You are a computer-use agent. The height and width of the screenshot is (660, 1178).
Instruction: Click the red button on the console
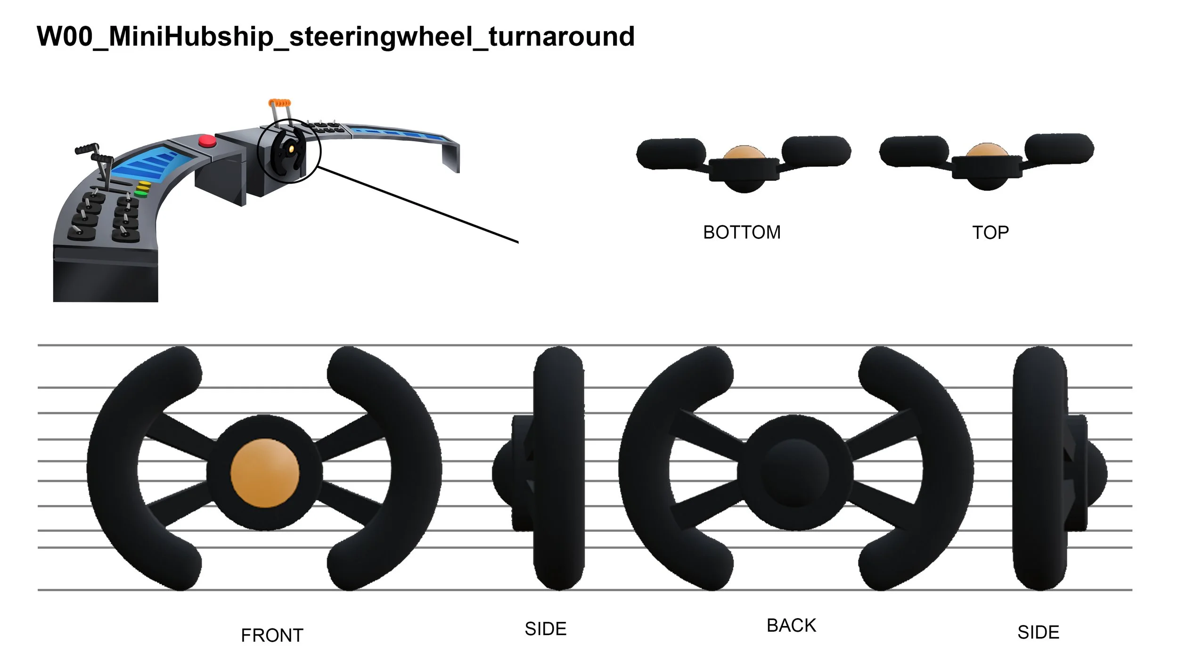[207, 141]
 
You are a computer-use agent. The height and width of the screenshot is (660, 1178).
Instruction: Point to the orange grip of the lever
[280, 103]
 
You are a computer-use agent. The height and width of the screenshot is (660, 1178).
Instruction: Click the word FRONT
[272, 636]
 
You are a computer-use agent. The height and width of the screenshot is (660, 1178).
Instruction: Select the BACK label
[791, 626]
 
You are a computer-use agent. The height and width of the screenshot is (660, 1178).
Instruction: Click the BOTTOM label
[742, 233]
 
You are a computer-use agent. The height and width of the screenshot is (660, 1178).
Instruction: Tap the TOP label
[990, 233]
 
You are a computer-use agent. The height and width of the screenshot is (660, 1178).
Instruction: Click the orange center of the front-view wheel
[265, 473]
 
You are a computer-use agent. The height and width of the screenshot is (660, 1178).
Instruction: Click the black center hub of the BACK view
[795, 473]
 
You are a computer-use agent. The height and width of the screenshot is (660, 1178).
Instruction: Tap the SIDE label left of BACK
[546, 629]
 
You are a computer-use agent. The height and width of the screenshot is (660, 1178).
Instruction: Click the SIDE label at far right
[1039, 632]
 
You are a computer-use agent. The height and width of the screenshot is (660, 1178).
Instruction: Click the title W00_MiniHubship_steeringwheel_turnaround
[335, 37]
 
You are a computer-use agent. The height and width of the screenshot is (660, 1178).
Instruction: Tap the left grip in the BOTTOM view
[671, 153]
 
